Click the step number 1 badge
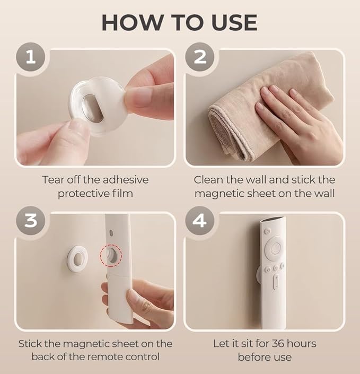(31, 57)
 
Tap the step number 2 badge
(199, 57)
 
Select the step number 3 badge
(31, 220)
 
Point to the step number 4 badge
(199, 220)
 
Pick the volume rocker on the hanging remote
(275, 282)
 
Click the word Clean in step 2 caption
(208, 179)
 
